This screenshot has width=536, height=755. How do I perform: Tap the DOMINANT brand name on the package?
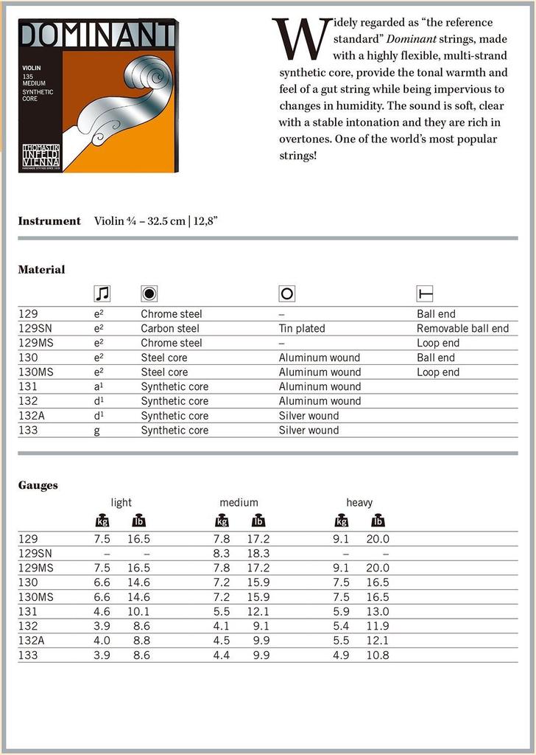tap(98, 35)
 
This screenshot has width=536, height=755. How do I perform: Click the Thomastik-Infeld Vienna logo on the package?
tap(40, 157)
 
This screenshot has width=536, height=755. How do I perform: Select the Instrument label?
tap(49, 221)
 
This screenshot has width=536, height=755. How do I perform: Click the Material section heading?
tap(41, 270)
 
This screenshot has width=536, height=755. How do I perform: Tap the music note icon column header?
tap(102, 294)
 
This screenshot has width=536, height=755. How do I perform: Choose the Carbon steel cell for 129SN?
tap(170, 328)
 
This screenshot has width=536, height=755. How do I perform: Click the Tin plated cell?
tap(302, 328)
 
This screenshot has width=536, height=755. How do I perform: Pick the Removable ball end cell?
tap(462, 328)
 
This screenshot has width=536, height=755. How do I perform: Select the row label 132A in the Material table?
tap(31, 416)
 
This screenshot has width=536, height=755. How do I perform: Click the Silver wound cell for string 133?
tap(308, 431)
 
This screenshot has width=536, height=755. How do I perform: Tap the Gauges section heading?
tap(38, 486)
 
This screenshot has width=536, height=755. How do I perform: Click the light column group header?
tap(121, 503)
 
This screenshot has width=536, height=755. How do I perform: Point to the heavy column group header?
tap(359, 503)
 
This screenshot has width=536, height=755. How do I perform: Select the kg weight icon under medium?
tap(222, 521)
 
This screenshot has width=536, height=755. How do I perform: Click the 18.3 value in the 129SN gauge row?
tap(258, 553)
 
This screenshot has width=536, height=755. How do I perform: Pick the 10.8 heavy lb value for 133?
tap(378, 655)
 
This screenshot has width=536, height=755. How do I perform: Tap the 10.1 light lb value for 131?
tap(138, 611)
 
